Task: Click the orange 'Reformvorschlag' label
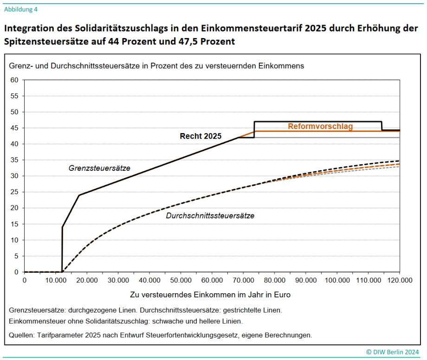320,126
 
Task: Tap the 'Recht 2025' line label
201,136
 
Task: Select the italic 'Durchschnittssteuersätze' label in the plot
210,216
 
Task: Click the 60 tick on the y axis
14,80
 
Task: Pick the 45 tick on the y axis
14,128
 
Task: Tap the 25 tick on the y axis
14,192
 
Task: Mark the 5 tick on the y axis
16,256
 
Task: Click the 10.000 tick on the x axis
55,280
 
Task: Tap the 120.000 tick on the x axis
400,280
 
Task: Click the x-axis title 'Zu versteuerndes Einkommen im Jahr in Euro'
210,294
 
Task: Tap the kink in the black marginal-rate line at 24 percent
79,195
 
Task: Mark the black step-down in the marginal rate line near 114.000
382,126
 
